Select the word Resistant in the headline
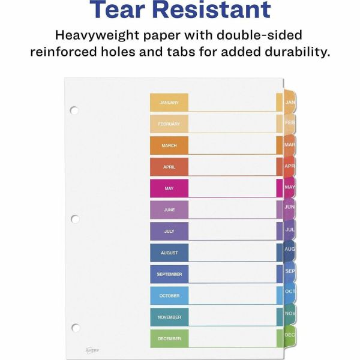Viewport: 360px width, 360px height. click(x=215, y=10)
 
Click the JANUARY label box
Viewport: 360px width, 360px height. click(x=169, y=102)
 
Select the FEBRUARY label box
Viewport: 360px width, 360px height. click(x=169, y=124)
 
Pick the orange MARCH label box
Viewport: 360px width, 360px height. click(x=169, y=145)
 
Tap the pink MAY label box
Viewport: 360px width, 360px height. click(x=169, y=188)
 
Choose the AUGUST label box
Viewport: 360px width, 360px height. click(x=169, y=253)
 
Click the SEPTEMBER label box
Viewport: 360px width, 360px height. click(x=169, y=274)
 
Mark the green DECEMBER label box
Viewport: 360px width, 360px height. click(x=169, y=338)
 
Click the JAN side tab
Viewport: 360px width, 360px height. click(x=290, y=103)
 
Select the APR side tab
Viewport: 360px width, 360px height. click(x=290, y=166)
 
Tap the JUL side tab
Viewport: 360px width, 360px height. click(x=290, y=230)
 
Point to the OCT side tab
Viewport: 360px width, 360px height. click(x=290, y=292)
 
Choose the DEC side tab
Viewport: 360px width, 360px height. click(x=289, y=334)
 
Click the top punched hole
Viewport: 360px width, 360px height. click(x=74, y=110)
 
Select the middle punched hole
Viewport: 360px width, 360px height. click(x=74, y=219)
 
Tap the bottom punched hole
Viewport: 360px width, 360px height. click(x=74, y=328)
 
